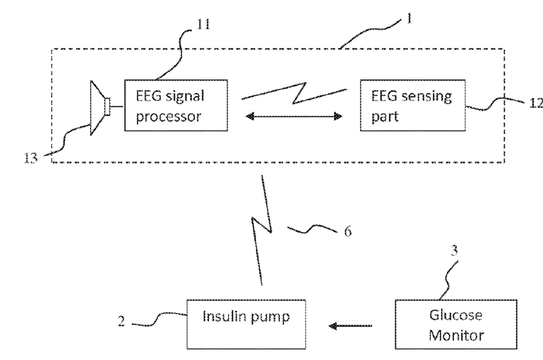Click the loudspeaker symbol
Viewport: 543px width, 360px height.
[100, 107]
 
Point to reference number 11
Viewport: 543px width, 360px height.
[203, 25]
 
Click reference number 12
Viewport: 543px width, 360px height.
[537, 103]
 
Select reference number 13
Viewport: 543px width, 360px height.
[30, 158]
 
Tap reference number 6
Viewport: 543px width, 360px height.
[348, 231]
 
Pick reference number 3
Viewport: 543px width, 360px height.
[455, 250]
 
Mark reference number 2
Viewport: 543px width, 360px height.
[121, 321]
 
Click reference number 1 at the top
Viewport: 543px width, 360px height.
[409, 18]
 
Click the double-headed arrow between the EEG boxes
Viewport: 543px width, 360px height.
[294, 116]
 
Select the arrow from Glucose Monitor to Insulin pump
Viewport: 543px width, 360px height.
[350, 326]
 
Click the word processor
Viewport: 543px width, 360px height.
[168, 117]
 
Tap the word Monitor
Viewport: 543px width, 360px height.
[456, 335]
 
